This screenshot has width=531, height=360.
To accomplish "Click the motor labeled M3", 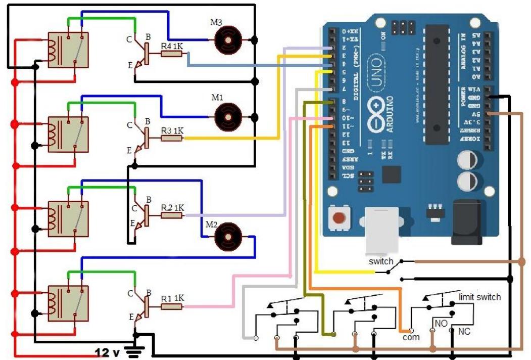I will pos(228,40).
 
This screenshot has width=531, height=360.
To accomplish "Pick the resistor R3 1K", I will pos(171,138).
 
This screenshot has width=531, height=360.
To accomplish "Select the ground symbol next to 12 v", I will pos(133,351).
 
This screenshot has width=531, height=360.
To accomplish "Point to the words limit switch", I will pos(479,297).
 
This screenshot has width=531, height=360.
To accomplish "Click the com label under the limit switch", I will pos(411,337).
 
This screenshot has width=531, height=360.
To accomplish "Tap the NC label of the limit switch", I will pos(463,332).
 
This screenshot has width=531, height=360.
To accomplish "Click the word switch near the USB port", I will pos(381,262).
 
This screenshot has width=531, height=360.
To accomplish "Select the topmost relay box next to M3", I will pos(68,50).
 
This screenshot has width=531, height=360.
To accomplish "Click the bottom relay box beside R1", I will pos(68,302).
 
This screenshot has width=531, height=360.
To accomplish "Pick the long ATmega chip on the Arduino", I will pos(437,83).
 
